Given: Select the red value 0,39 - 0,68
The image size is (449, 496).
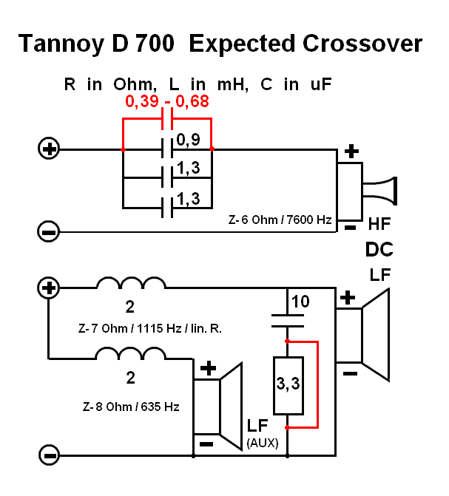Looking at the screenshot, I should pos(166,102).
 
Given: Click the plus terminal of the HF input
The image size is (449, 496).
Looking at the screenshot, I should pos(49,149).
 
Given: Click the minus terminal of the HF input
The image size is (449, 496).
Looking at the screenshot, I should pos(49,231).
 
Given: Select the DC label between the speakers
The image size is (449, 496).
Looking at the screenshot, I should pos(378,250).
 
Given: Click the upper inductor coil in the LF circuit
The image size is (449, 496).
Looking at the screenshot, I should pos(131,284).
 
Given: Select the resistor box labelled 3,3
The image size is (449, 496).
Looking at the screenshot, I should pos(288,385).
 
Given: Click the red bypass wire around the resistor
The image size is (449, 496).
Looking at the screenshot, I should pos(318,384).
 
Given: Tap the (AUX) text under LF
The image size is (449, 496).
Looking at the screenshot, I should pos(257,444).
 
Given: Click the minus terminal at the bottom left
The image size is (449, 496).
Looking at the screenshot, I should pos(49,454).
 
